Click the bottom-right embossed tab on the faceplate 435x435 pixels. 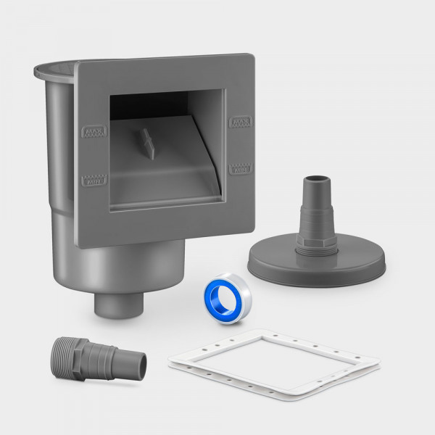pyautogui.click(x=241, y=168)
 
